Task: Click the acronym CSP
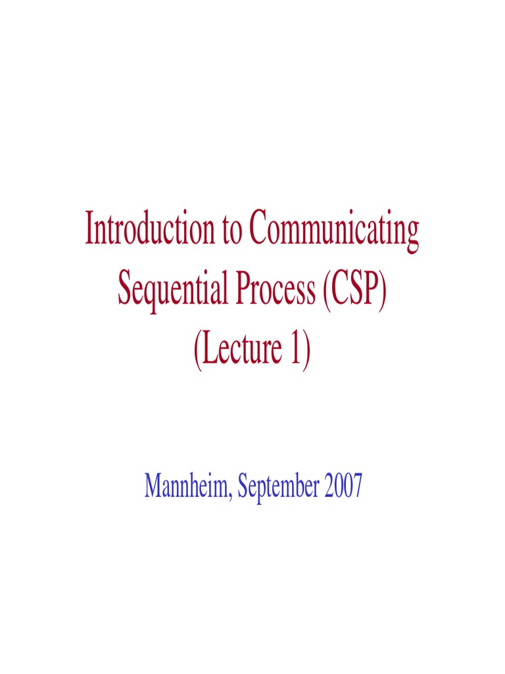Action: pyautogui.click(x=354, y=290)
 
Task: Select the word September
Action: pyautogui.click(x=279, y=488)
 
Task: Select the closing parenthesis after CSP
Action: pyautogui.click(x=383, y=291)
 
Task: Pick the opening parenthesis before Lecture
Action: pyautogui.click(x=197, y=350)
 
